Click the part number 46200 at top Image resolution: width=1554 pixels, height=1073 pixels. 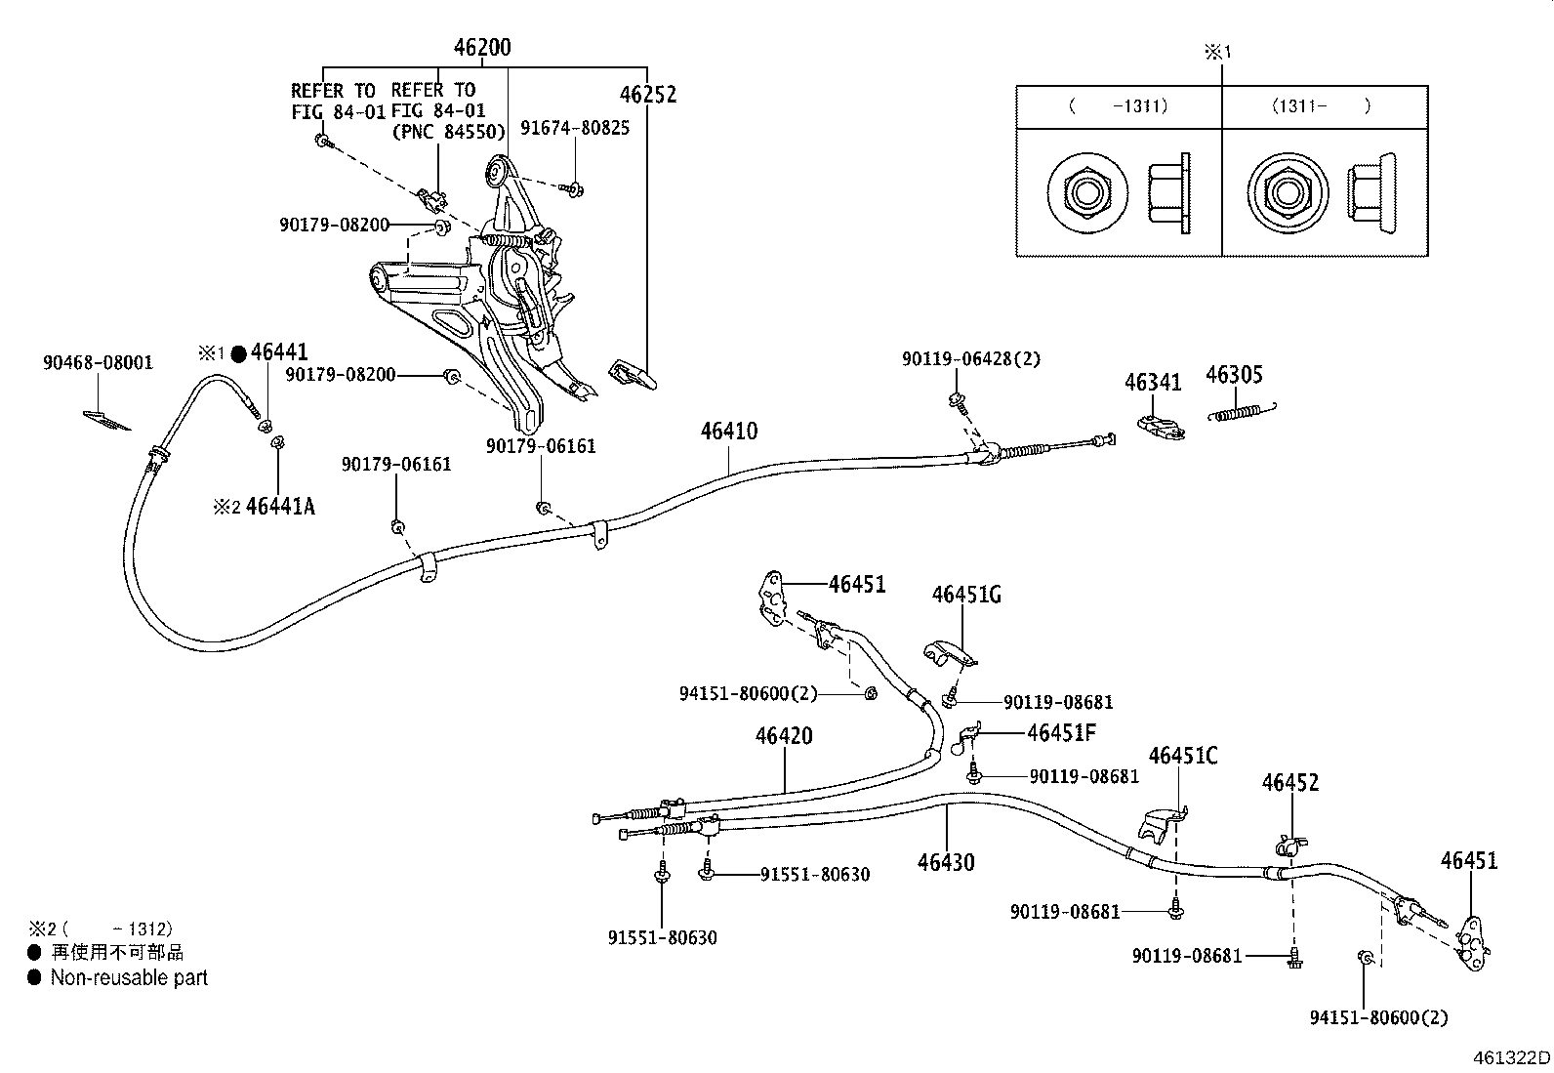coord(481,48)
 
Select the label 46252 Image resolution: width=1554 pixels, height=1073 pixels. coord(647,95)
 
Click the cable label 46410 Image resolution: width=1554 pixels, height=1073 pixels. coord(728,431)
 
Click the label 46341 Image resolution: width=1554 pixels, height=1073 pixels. coord(1152,382)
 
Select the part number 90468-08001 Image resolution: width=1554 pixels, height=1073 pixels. coord(98,363)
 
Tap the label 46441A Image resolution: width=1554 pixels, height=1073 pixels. coord(280,506)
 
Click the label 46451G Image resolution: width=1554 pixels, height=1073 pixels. coord(966,595)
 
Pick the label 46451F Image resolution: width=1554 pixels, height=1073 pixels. coord(1062,732)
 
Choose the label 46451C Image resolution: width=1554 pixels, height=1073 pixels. coord(1183,756)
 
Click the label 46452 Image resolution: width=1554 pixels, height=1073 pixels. coord(1289,783)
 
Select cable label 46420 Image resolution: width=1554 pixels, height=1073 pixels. coord(783,736)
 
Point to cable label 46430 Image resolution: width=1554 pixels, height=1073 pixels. coord(945,862)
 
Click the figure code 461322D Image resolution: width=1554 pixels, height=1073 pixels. coord(1511,1057)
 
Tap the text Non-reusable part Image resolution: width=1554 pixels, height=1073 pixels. coord(129,977)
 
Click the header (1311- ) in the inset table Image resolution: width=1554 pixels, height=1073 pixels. coord(1321,106)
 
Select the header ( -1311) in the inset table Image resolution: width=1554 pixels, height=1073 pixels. coord(1118,106)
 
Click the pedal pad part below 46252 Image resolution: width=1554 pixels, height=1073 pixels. coord(633,373)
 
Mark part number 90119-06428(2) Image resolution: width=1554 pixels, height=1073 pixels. coord(970,359)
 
